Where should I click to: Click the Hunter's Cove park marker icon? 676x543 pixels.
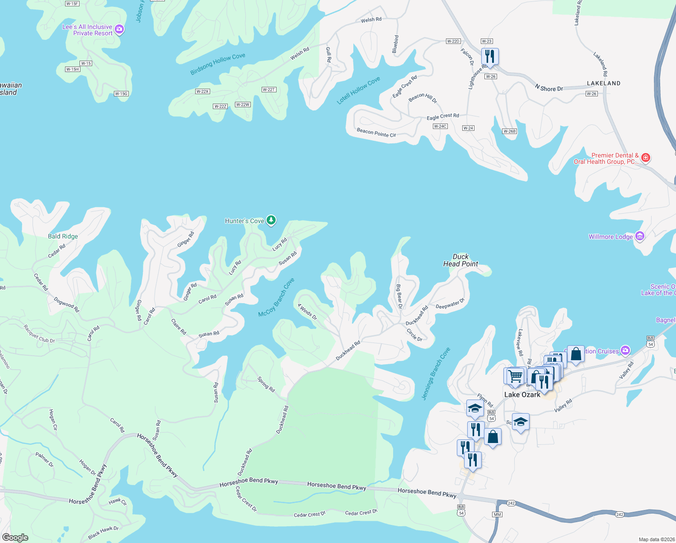(271, 220)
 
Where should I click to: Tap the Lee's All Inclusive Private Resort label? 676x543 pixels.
(87, 30)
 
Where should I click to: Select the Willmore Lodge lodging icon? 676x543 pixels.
(639, 236)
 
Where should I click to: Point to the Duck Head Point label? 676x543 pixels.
(460, 260)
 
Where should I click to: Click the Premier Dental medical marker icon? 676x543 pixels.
(646, 157)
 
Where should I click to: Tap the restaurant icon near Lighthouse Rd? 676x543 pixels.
(490, 57)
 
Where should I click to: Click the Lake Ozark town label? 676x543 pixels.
(522, 395)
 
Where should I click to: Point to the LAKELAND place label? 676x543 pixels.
(603, 83)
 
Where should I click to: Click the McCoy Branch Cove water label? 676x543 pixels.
(276, 297)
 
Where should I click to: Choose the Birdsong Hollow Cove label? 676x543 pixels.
(218, 64)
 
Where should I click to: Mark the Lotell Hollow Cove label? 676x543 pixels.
(358, 90)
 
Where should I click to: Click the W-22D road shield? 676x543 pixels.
(453, 41)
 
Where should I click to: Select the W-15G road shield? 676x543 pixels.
(121, 94)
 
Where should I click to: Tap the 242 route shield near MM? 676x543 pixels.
(511, 503)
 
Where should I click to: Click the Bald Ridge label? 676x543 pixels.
(63, 236)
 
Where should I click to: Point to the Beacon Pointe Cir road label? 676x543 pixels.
(376, 133)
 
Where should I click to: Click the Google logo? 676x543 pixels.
(15, 538)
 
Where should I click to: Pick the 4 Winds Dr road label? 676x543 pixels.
(307, 311)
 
